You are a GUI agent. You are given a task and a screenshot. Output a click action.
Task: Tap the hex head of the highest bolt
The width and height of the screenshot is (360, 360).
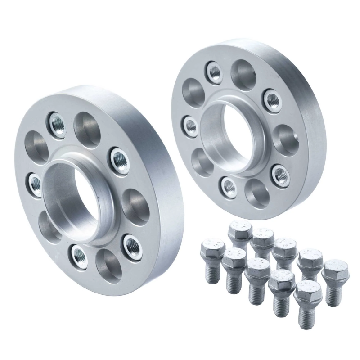[x=240, y=230]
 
